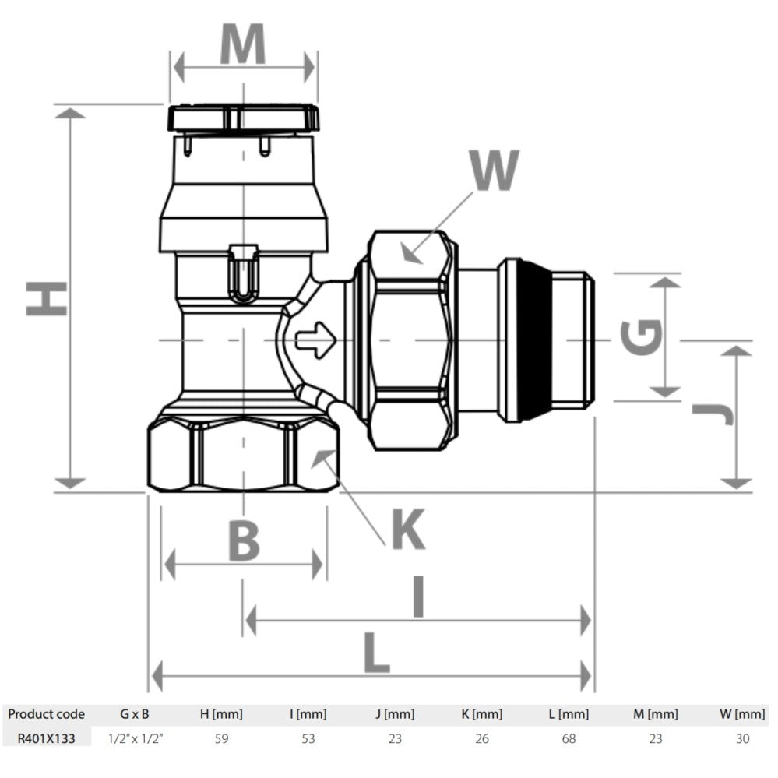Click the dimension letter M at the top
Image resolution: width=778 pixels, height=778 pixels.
coord(243,44)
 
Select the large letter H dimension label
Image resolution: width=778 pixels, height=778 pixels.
coord(47,298)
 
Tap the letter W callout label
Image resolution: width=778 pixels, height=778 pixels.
coord(495,170)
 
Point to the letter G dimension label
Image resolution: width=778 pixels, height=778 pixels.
coord(641,337)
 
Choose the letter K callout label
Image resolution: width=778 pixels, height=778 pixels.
coord(408,530)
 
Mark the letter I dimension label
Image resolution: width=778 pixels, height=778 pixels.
coord(418,596)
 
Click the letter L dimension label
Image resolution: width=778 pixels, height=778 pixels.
coord(377,653)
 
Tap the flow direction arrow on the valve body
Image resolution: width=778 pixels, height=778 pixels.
coord(316,340)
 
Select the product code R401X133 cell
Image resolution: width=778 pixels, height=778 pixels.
coord(46,739)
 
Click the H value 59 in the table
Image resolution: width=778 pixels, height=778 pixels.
coord(221,739)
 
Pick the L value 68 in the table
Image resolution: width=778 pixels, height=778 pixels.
coord(569,739)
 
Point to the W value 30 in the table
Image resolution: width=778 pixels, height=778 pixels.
coord(742,739)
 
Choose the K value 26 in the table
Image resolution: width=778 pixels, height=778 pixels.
coord(482,739)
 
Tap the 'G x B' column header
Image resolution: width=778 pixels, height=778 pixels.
coord(135,714)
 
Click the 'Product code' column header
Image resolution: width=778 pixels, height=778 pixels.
coord(46,714)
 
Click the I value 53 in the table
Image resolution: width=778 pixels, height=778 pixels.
coord(308,739)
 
